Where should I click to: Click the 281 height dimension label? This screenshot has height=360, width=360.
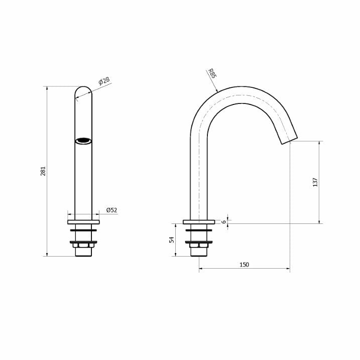click(x=43, y=171)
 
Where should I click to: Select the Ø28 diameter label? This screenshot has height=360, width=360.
click(x=104, y=81)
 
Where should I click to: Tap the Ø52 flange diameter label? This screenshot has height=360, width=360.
click(x=111, y=210)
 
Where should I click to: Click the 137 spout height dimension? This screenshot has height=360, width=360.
click(x=315, y=182)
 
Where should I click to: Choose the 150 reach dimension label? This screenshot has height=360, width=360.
click(x=244, y=265)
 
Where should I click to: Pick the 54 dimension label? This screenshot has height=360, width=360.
click(x=172, y=240)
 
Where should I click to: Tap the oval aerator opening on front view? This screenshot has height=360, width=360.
click(x=83, y=141)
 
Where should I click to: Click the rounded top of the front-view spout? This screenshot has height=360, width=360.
click(x=83, y=89)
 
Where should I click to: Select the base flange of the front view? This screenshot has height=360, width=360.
click(x=83, y=222)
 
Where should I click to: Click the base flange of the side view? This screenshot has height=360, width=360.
click(x=199, y=222)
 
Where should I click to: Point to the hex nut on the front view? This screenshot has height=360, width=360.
click(x=83, y=246)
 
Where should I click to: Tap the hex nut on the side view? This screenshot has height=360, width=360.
click(x=199, y=246)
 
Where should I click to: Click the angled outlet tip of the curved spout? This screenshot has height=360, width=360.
click(x=289, y=140)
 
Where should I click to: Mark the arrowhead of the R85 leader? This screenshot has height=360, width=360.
click(x=217, y=91)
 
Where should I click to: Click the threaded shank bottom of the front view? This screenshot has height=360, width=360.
click(x=83, y=253)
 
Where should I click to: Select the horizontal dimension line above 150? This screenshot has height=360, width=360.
click(x=244, y=269)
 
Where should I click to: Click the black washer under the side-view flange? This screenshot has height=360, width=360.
click(x=199, y=230)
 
